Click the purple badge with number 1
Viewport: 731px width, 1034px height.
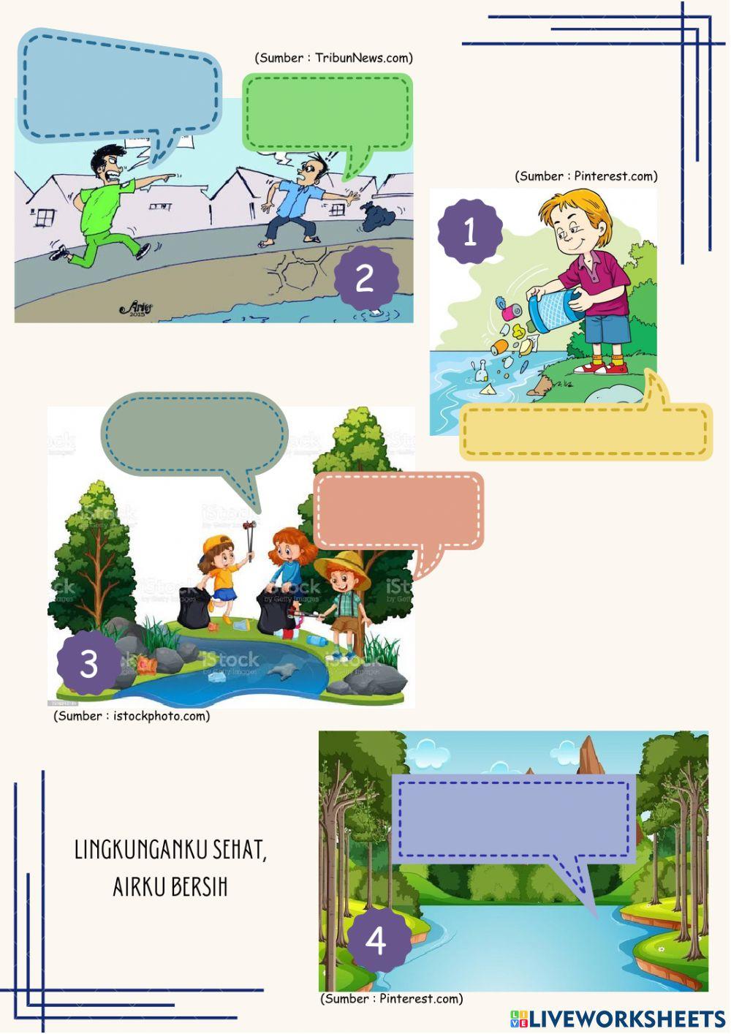tap(470, 232)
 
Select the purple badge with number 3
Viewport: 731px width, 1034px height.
tap(88, 663)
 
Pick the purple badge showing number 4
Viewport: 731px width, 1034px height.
tap(376, 940)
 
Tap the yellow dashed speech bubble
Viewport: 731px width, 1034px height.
tap(586, 431)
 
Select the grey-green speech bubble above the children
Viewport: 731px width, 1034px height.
tap(194, 434)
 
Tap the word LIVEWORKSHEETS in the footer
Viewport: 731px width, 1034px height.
tap(626, 1019)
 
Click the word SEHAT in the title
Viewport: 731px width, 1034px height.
tap(240, 850)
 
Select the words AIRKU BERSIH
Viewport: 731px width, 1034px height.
tap(170, 886)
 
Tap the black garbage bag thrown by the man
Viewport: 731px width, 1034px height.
tap(376, 216)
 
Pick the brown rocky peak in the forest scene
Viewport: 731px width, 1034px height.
tap(590, 755)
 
